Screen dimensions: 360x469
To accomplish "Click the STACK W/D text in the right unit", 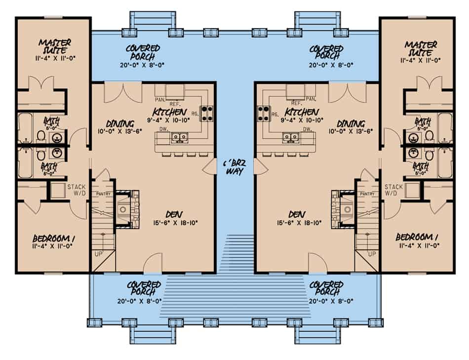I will [394, 190].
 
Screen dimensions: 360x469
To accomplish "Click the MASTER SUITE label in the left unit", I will [54, 48].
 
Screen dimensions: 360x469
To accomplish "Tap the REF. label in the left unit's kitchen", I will [174, 104].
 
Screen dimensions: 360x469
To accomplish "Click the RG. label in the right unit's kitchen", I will [274, 115].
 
